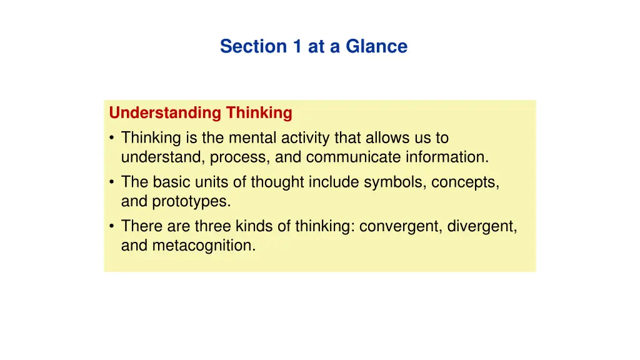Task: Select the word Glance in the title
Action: (377, 46)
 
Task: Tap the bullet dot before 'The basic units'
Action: (111, 182)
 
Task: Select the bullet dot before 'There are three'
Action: (111, 226)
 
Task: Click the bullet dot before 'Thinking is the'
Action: (111, 137)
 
